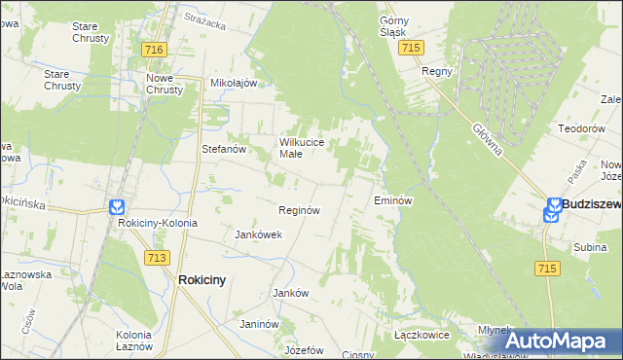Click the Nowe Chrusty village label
[x=165, y=84]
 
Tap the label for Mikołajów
[x=234, y=84]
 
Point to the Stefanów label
[x=222, y=149]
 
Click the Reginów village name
[x=300, y=210]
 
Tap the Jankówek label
[x=259, y=234]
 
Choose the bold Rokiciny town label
[x=202, y=280]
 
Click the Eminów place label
[x=394, y=200]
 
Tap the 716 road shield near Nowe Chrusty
[x=152, y=50]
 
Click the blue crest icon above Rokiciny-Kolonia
[x=117, y=207]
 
